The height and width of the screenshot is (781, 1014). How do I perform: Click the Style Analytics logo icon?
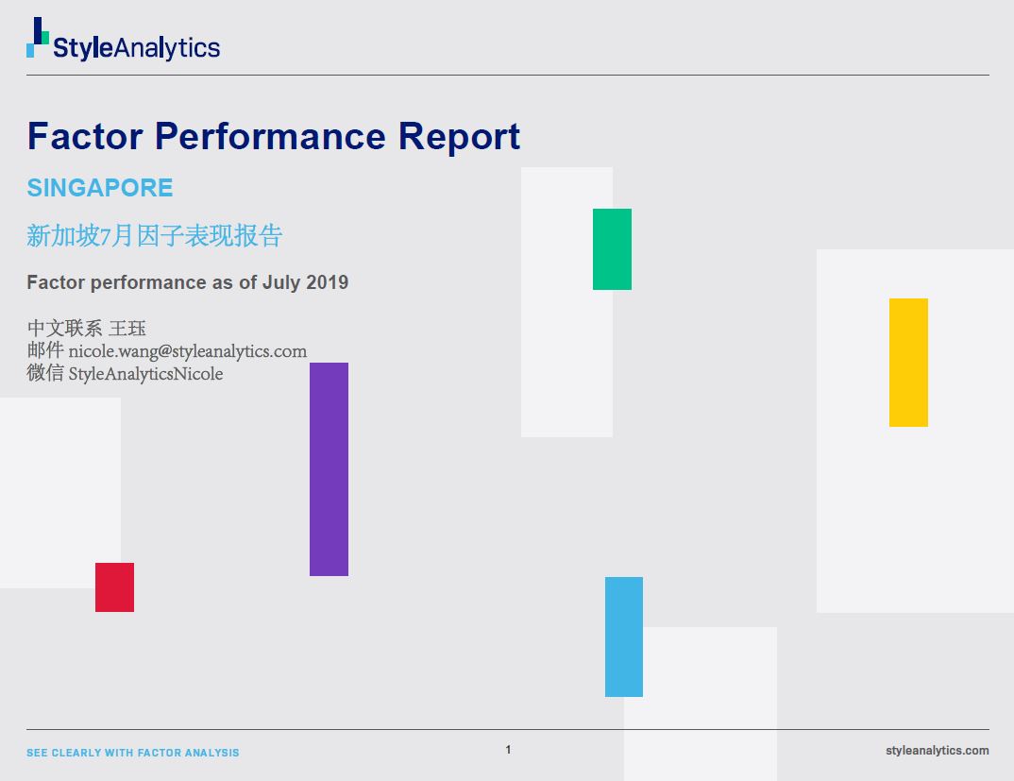coord(38,38)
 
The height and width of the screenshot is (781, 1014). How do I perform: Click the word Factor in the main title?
coord(85,136)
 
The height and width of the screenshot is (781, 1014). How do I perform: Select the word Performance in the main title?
coord(270,136)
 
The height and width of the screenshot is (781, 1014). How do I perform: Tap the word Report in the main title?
coord(459,136)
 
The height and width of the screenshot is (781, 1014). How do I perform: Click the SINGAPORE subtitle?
coord(100,188)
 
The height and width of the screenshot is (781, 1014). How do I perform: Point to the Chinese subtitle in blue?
coord(155,236)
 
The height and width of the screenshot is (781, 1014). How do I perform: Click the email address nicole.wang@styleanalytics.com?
coord(187,351)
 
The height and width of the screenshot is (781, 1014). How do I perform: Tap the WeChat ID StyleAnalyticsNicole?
coord(145,374)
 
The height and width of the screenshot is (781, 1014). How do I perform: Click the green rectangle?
coord(612,249)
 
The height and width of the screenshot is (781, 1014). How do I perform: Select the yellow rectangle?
coord(908,363)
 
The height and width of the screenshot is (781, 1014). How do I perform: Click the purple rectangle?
coord(329,469)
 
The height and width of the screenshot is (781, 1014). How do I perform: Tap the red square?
coord(114,587)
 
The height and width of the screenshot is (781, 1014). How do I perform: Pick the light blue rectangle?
coord(623,637)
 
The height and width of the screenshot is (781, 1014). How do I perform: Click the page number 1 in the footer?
coord(508,750)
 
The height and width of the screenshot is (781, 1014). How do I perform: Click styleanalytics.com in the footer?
coord(937,750)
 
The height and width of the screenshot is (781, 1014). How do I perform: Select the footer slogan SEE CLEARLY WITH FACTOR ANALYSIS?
coord(132,753)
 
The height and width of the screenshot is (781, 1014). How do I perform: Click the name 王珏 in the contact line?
coord(127,329)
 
